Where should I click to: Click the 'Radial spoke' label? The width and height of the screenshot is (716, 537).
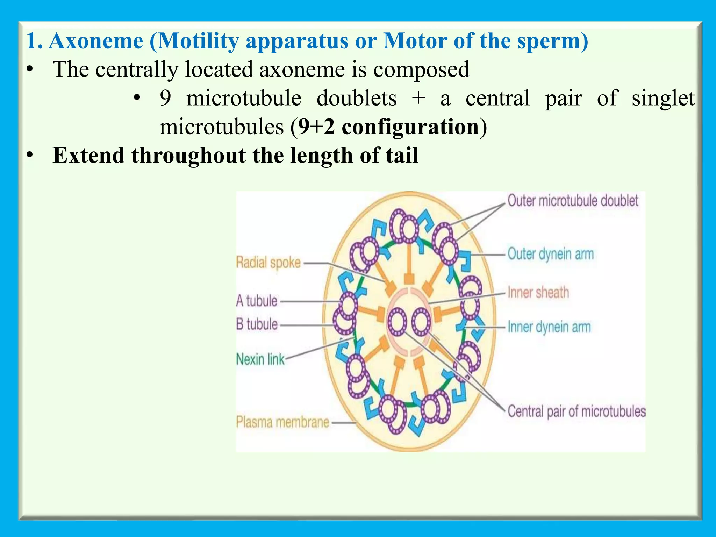click(x=268, y=262)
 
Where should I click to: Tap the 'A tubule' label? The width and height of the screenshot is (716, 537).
click(x=257, y=301)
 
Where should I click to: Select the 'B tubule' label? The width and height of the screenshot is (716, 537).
click(x=257, y=324)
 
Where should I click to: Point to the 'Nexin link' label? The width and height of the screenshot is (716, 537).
click(x=260, y=359)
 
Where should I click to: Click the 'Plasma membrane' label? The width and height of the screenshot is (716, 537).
click(x=282, y=422)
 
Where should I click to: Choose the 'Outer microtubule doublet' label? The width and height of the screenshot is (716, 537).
click(x=573, y=201)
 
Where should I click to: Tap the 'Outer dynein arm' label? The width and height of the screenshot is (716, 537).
click(x=551, y=254)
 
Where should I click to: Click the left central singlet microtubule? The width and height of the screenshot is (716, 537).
click(x=398, y=321)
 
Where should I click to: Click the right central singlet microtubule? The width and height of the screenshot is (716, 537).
click(x=421, y=321)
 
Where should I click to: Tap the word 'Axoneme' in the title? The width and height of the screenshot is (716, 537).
click(x=96, y=41)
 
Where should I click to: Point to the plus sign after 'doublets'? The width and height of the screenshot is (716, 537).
click(x=418, y=98)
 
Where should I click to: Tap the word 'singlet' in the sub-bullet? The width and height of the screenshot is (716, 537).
click(x=663, y=98)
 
